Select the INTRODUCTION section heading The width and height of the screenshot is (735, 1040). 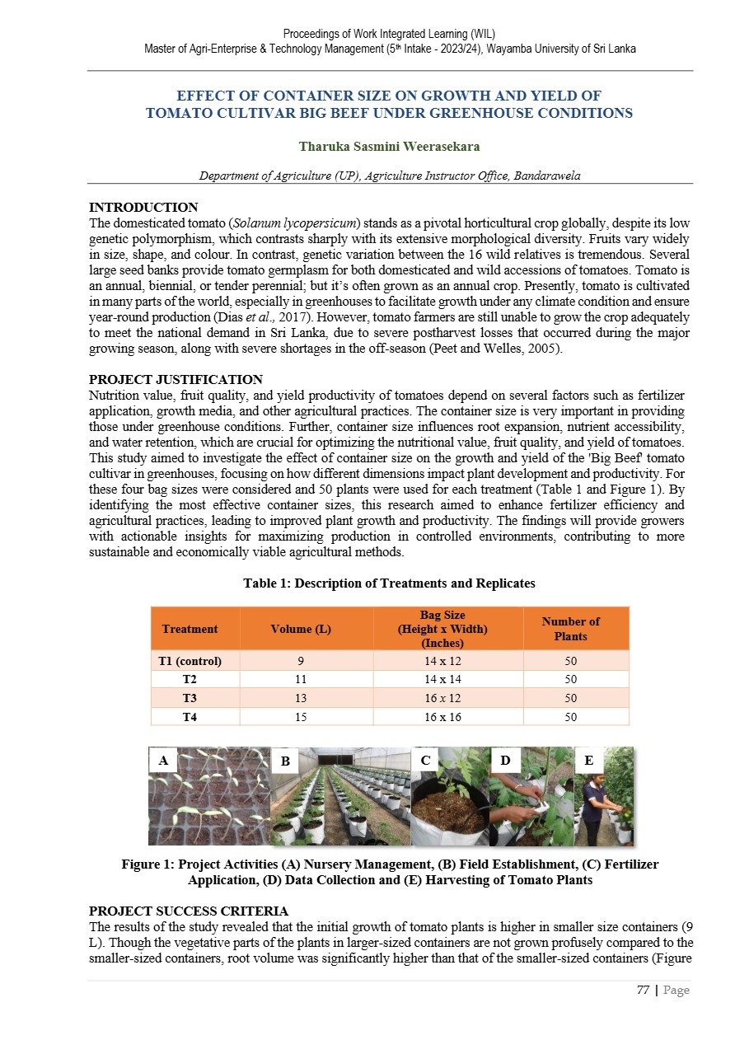point(143,208)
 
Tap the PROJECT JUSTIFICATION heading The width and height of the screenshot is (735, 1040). point(175,380)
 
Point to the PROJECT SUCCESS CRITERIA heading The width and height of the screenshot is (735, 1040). point(188,911)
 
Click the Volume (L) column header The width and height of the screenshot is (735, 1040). point(301,629)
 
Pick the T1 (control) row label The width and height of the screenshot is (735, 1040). point(190,661)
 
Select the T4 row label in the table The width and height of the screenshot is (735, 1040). point(190,717)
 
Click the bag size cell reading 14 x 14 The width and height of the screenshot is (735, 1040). point(442,680)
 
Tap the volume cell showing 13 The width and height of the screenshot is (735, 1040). point(301,698)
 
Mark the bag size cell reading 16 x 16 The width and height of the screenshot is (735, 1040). point(442,717)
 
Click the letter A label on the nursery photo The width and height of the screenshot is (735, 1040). point(162,762)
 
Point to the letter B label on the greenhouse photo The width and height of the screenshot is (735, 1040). point(284,762)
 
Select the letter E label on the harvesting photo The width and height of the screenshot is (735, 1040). point(589,761)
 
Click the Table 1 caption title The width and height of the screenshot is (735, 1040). point(389,583)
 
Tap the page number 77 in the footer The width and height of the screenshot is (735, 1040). point(643,990)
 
